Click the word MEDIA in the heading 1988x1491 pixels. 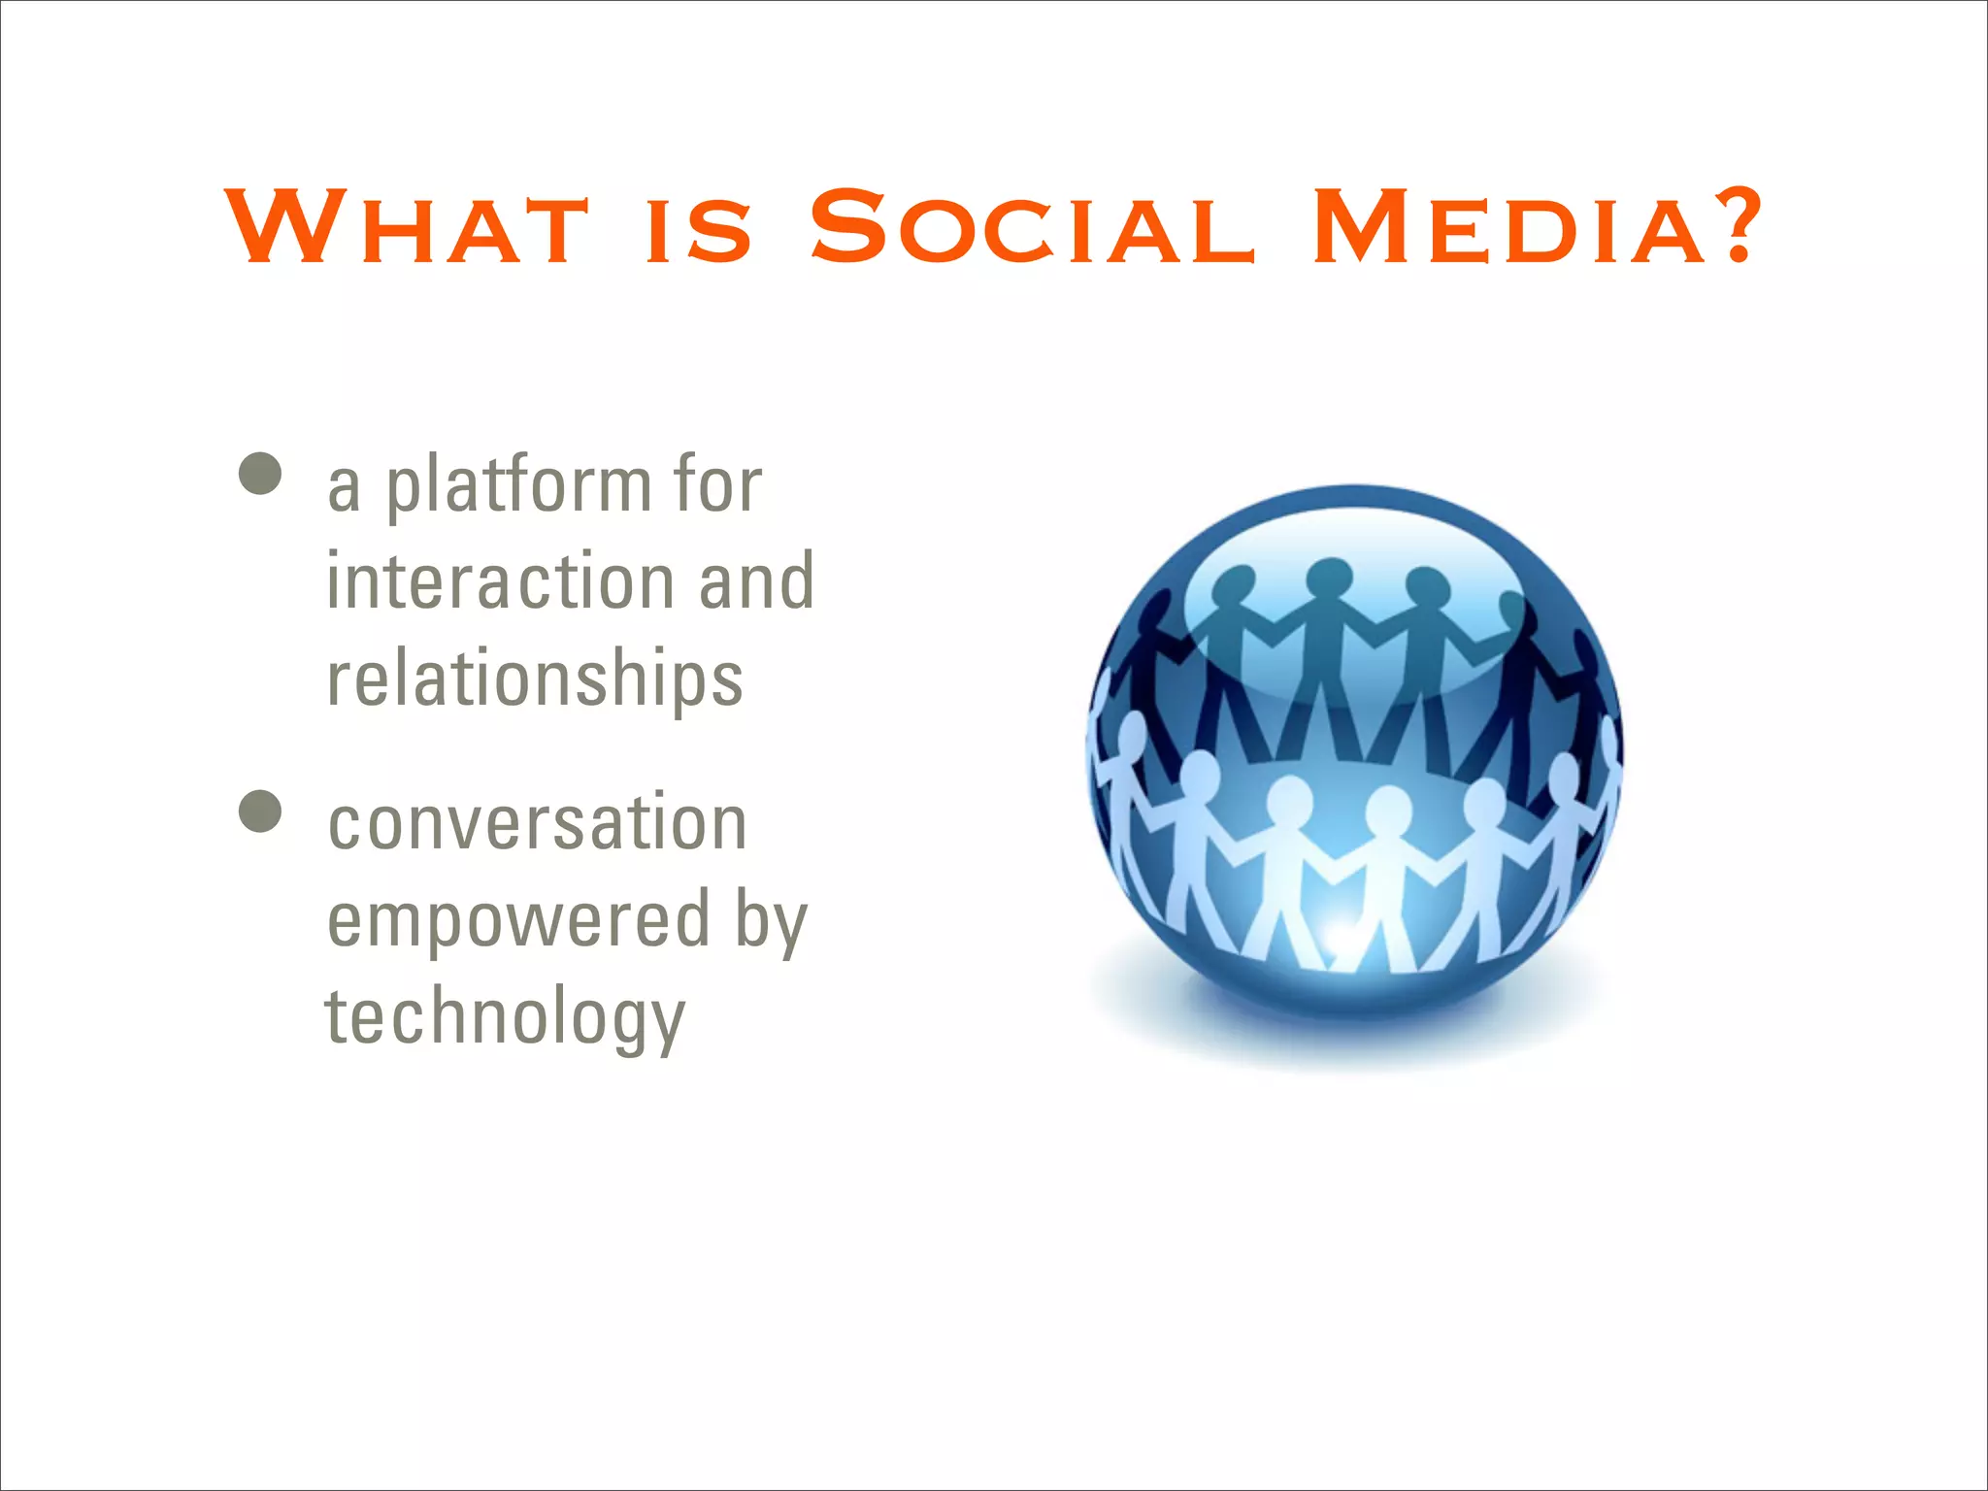coord(1509,228)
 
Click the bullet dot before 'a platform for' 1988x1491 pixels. coord(260,474)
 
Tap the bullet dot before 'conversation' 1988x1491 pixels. coord(260,812)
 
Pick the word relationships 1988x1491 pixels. coord(535,679)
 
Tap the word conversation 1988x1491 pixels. coord(537,823)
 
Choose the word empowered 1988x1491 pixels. coord(519,920)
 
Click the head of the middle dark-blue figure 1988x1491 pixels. coord(1328,579)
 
